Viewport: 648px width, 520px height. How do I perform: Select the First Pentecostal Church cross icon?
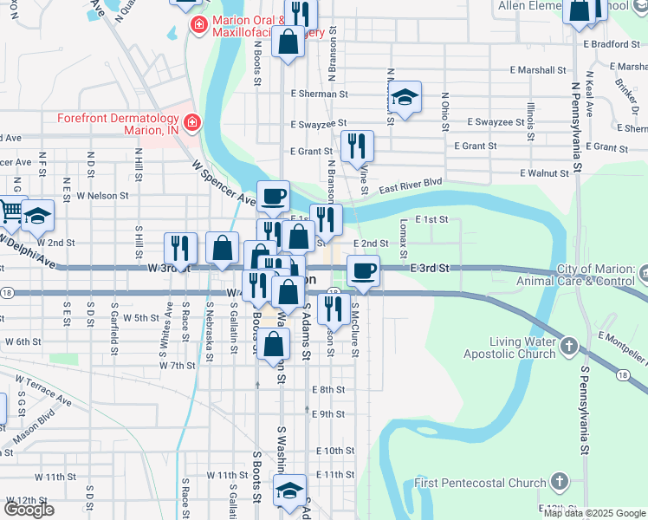pyautogui.click(x=560, y=481)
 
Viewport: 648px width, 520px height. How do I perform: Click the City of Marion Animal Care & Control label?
pyautogui.click(x=586, y=275)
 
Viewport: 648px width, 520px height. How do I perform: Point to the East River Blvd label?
pyautogui.click(x=410, y=185)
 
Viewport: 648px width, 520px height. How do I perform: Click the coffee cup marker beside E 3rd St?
pyautogui.click(x=363, y=270)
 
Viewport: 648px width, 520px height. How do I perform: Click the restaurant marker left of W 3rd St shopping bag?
pyautogui.click(x=177, y=248)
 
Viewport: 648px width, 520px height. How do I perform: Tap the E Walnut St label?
pyautogui.click(x=544, y=173)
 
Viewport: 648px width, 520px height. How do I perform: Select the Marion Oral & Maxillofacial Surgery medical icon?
pyautogui.click(x=199, y=24)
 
